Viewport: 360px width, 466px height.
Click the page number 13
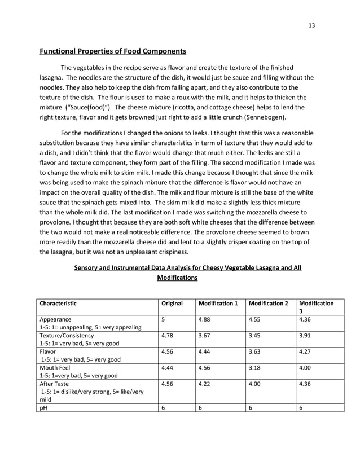(x=311, y=25)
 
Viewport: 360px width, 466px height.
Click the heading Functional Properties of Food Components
(x=112, y=52)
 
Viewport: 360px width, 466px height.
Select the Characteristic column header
(x=58, y=303)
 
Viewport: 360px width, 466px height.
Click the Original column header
(x=172, y=303)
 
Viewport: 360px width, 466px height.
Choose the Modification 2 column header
(x=269, y=303)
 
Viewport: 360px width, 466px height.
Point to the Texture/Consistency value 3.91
(x=305, y=335)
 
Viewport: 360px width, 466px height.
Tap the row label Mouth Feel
(x=55, y=367)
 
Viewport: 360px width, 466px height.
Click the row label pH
(x=43, y=407)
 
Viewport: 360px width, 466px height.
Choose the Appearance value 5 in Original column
(x=163, y=319)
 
